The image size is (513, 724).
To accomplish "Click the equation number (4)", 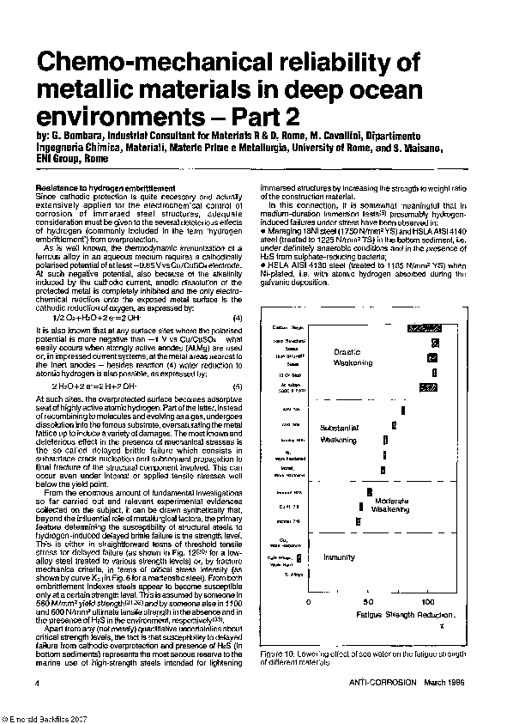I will point(238,294).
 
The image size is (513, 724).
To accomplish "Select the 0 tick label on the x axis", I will point(309,604).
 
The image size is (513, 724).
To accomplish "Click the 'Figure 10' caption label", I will point(278,654).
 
